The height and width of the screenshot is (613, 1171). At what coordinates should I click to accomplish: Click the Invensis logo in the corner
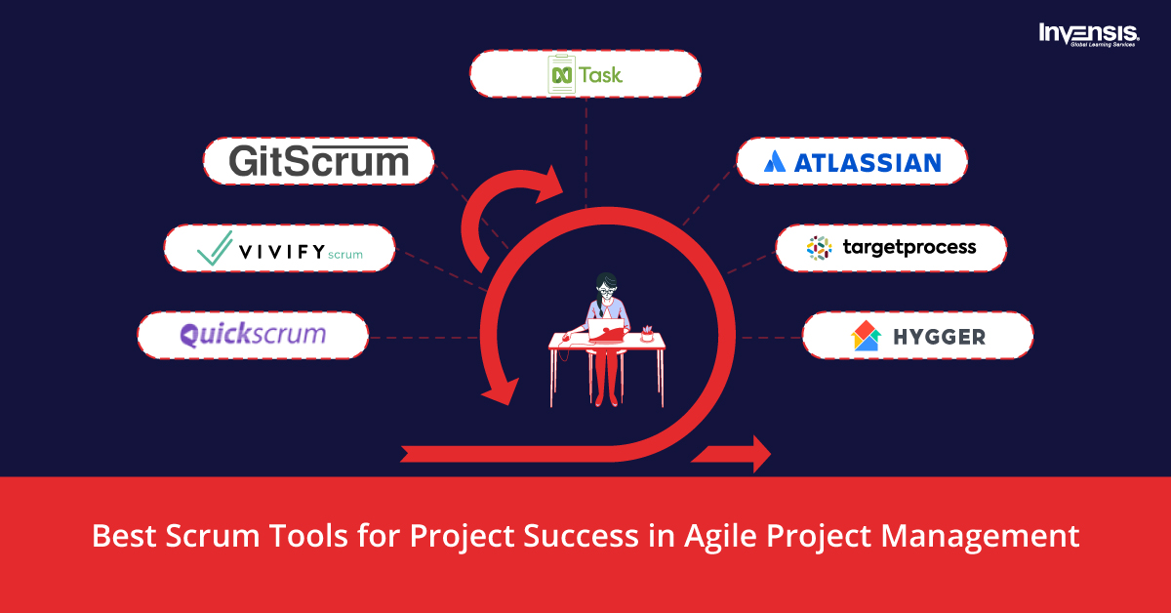click(x=1090, y=35)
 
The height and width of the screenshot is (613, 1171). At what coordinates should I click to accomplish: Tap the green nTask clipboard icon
click(x=561, y=75)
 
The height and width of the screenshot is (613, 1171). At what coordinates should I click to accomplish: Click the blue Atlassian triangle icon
click(x=775, y=162)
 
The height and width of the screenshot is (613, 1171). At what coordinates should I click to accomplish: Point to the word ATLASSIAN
click(x=867, y=162)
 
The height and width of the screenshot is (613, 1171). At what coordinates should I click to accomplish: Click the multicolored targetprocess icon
click(x=819, y=248)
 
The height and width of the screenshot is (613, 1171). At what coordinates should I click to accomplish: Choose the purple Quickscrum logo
click(x=253, y=336)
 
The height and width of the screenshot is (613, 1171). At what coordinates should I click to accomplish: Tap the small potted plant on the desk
click(x=646, y=333)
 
